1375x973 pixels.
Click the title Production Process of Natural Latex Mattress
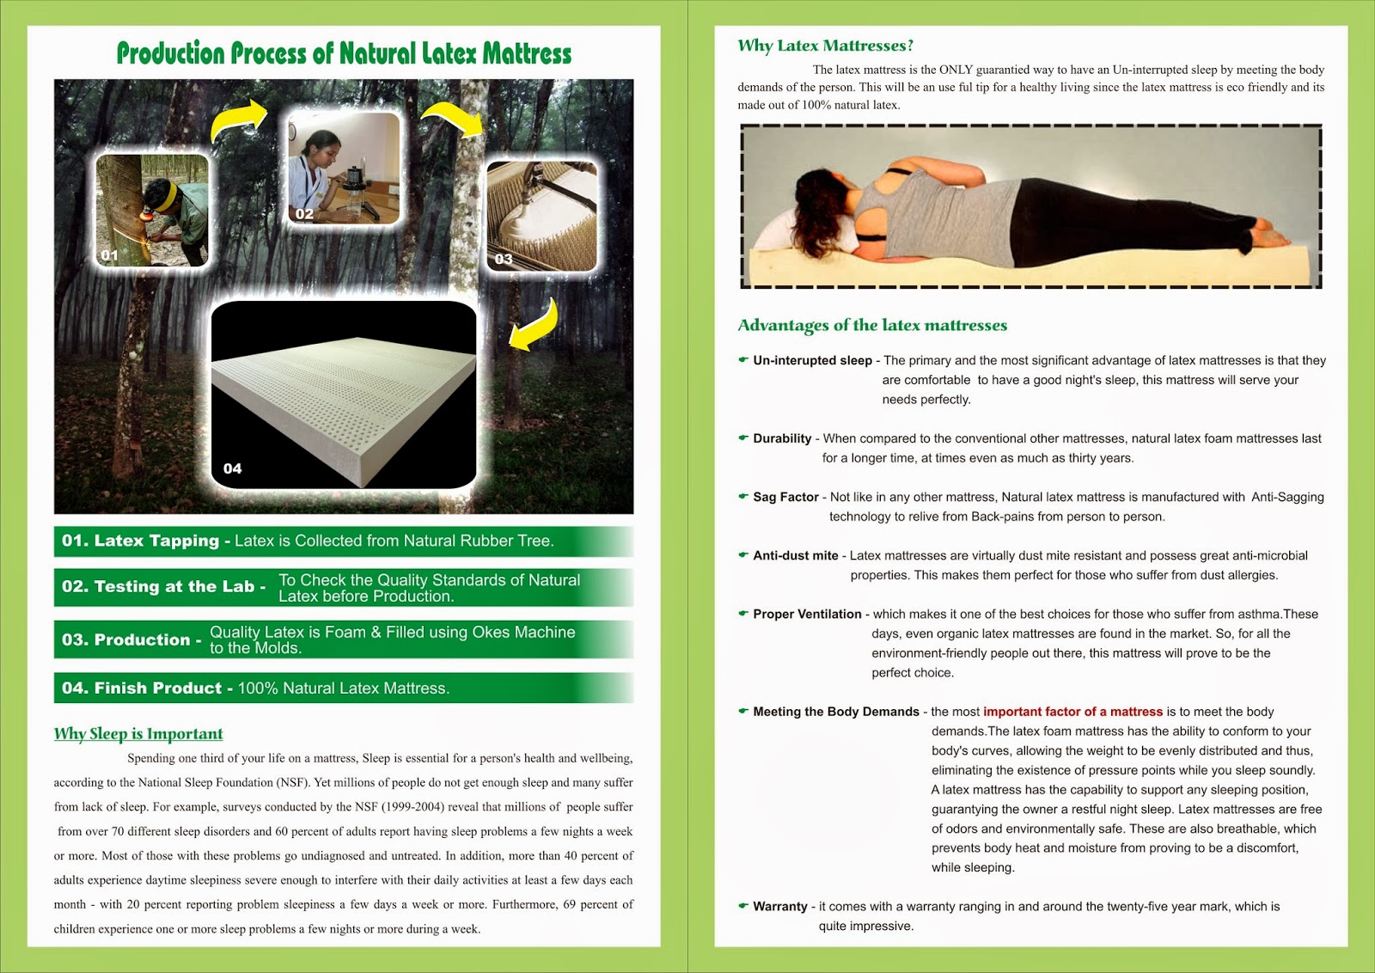pos(344,53)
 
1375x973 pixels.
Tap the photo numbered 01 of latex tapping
pos(152,210)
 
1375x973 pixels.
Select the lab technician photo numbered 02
pos(344,168)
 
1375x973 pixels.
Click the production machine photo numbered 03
pos(541,216)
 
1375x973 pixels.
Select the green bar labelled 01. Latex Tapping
pos(343,542)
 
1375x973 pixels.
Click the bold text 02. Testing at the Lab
pos(163,587)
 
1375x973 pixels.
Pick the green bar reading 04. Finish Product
pos(343,688)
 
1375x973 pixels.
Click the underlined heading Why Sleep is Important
pos(138,734)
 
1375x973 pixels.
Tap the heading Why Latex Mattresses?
pos(825,46)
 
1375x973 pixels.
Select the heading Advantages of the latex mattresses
pos(872,325)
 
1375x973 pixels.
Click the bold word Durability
pos(782,438)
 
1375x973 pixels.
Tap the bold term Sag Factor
pos(785,497)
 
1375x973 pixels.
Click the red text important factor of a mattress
pos(1072,712)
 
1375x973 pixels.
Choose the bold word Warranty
pos(780,907)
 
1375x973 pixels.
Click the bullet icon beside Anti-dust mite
pos(743,555)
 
